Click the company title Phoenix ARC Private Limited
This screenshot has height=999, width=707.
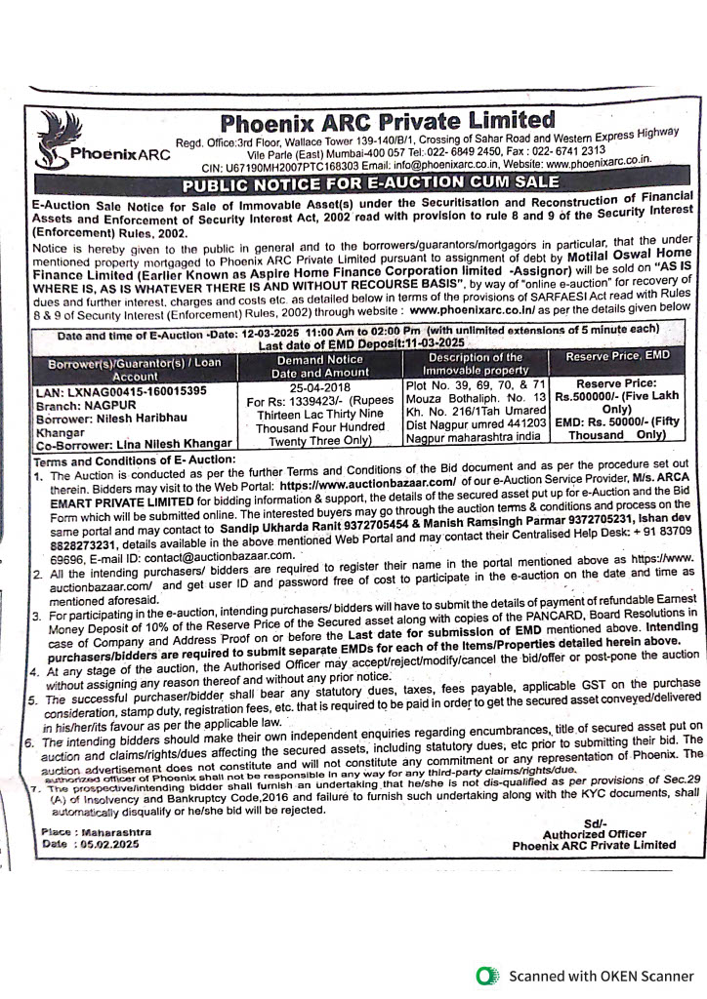387,123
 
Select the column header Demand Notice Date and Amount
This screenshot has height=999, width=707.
319,365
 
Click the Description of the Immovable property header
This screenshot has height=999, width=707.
476,364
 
